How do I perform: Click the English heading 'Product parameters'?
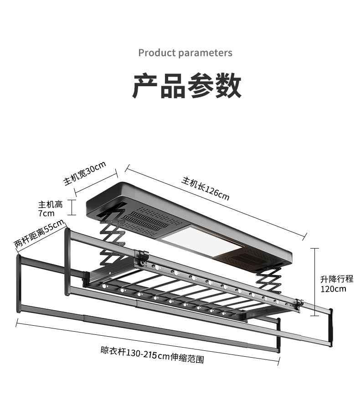pyautogui.click(x=185, y=53)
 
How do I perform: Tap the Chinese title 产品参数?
pyautogui.click(x=187, y=86)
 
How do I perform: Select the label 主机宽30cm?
pyautogui.click(x=85, y=173)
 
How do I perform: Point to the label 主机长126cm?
pyautogui.click(x=206, y=189)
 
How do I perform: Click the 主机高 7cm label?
pyautogui.click(x=51, y=208)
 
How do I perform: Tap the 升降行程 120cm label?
pyautogui.click(x=337, y=284)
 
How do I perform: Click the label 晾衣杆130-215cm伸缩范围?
pyautogui.click(x=152, y=355)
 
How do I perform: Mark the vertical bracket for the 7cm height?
pyautogui.click(x=72, y=208)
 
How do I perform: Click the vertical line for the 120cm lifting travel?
pyautogui.click(x=314, y=282)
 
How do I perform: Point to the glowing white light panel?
pyautogui.click(x=202, y=240)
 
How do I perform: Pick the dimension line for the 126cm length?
pyautogui.click(x=216, y=202)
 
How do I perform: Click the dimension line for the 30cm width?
pyautogui.click(x=96, y=183)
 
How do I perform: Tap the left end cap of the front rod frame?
pyautogui.click(x=19, y=284)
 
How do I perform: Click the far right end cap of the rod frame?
pyautogui.click(x=331, y=327)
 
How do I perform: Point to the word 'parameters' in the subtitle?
pyautogui.click(x=206, y=53)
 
